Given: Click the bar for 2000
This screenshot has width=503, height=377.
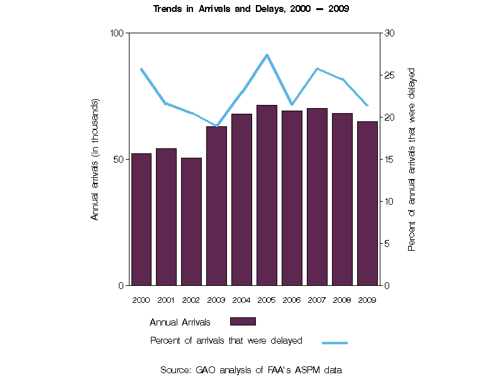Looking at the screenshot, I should (x=141, y=219).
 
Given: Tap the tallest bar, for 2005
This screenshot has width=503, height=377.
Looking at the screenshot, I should (x=267, y=195).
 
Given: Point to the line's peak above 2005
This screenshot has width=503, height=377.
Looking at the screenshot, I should (x=267, y=55).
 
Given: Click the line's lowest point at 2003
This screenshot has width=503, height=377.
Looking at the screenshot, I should (x=217, y=126).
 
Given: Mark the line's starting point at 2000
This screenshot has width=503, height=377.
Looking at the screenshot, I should (x=141, y=69).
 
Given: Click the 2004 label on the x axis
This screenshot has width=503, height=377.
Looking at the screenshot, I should (x=241, y=300).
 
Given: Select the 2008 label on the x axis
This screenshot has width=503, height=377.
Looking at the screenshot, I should (x=342, y=300).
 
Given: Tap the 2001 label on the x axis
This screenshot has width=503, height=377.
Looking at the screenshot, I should (x=166, y=300).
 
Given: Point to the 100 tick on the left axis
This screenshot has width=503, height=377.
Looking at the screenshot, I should (x=116, y=33).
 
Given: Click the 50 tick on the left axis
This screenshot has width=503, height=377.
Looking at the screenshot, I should (x=118, y=159).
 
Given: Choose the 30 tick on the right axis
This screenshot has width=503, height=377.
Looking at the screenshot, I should (x=389, y=33).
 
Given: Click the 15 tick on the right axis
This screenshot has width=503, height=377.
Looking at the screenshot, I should (x=389, y=159).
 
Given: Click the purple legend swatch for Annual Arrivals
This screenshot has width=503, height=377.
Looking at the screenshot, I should (x=243, y=322).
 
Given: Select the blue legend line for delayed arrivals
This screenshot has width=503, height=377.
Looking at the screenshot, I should (x=334, y=343).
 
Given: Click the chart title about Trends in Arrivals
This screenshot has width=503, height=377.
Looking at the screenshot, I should (x=251, y=9).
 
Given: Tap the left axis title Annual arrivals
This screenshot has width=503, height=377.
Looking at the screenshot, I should (x=96, y=159).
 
